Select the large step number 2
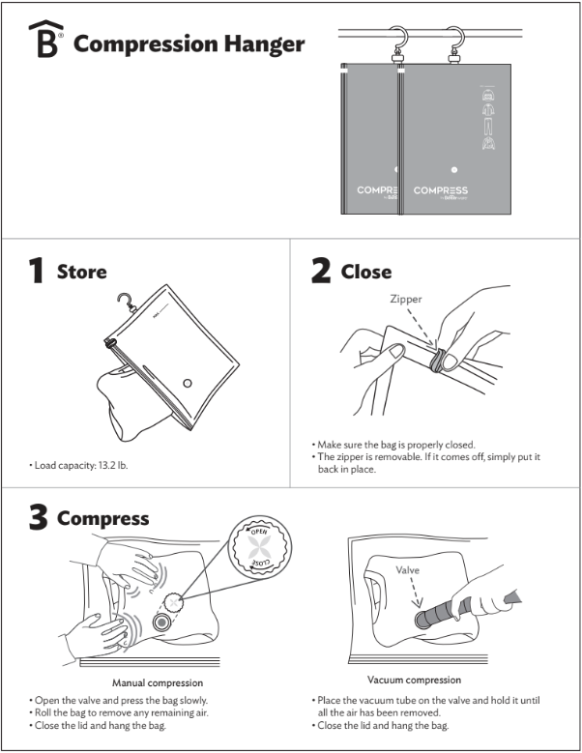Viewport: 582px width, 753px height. pos(320,272)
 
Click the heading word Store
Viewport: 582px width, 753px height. pos(82,273)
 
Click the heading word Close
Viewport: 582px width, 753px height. pos(366,273)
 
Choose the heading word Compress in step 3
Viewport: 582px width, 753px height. pos(102,518)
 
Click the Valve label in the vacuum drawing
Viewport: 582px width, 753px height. pos(407,570)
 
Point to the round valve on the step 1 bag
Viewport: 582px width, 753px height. pos(188,384)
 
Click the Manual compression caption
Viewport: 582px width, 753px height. pos(158,683)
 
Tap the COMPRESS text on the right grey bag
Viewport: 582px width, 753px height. pos(441,190)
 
